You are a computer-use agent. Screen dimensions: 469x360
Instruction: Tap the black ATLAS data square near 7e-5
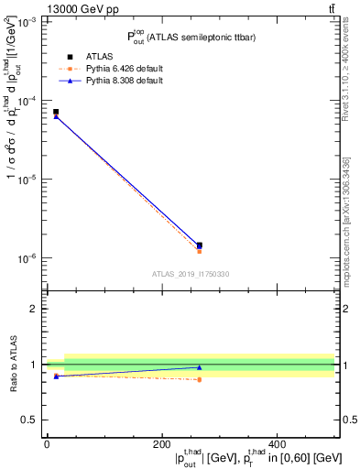(x=56, y=112)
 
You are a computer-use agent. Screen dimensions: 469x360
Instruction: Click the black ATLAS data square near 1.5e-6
(x=200, y=245)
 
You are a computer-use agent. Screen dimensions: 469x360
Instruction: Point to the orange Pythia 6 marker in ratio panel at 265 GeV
(x=200, y=379)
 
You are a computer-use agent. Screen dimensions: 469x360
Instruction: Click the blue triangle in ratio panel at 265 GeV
(x=200, y=367)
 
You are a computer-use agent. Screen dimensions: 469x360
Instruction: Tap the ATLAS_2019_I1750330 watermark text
(x=191, y=274)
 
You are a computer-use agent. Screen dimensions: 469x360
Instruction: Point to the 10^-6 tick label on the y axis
(x=27, y=258)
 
